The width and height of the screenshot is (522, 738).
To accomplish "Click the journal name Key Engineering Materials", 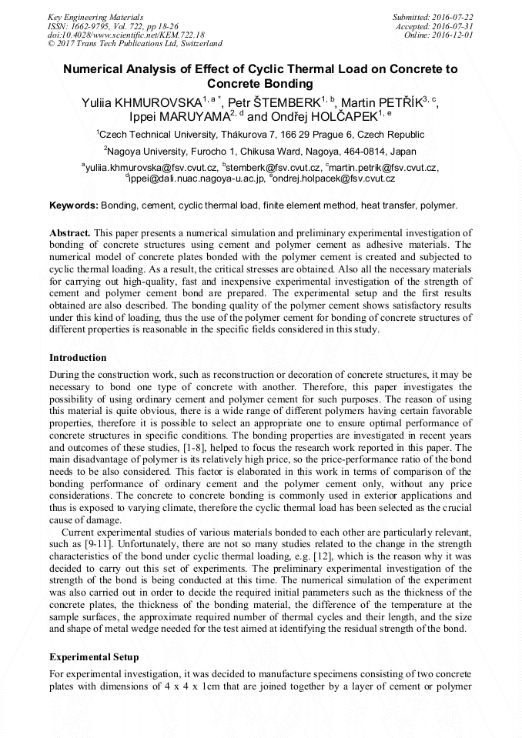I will point(95,16).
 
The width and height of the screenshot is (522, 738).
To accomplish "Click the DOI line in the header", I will point(126,35).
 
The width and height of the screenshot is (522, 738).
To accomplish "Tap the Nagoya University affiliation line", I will point(260,152).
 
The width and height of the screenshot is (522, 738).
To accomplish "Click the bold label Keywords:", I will point(74,205).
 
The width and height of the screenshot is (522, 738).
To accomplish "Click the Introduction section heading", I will point(78,357).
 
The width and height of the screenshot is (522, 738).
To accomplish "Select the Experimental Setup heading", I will point(94,656).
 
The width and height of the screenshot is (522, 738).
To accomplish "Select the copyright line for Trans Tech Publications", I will point(135,44).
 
